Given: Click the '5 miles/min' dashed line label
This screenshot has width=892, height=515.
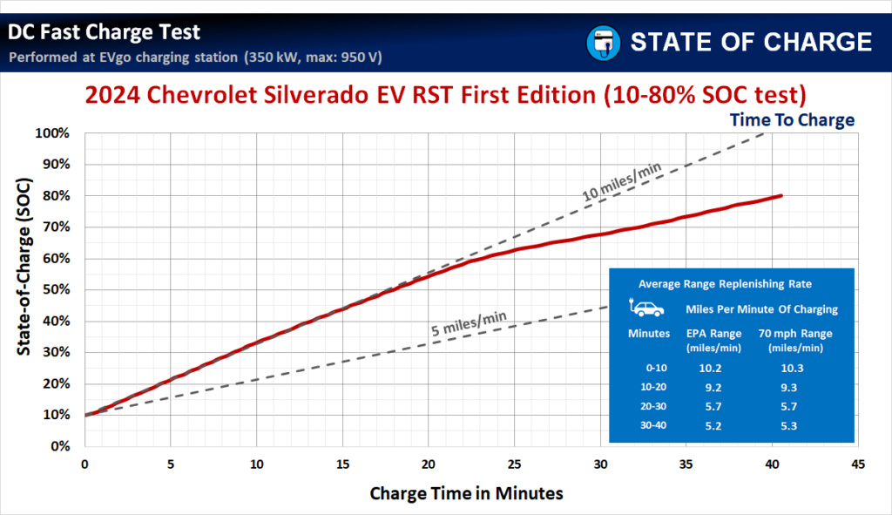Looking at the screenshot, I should (x=469, y=322).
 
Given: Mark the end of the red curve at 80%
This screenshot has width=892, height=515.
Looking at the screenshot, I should (x=781, y=195).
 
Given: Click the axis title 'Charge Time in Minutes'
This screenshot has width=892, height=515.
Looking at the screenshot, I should (x=466, y=493).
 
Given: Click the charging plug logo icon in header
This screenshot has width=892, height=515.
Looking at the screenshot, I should (x=602, y=42).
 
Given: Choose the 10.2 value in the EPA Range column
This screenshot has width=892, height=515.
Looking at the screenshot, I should (x=712, y=368).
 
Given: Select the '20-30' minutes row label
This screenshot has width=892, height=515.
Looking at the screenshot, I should (x=645, y=406).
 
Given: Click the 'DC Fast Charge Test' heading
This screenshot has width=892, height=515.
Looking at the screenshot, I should (x=105, y=32).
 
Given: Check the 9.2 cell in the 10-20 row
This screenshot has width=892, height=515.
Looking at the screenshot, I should (x=712, y=387).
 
